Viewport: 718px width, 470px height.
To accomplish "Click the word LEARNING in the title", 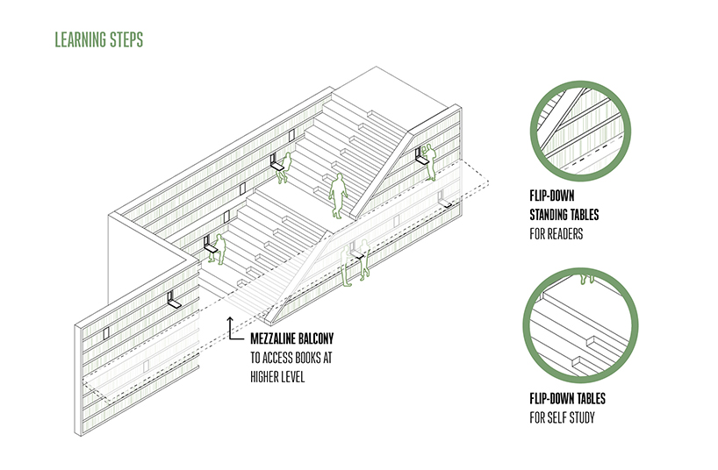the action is pos(81,39).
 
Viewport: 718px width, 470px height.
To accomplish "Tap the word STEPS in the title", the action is pos(127,39).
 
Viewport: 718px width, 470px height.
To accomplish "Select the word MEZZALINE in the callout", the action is pos(272,338).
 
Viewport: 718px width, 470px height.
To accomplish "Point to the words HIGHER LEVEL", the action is pos(277,377).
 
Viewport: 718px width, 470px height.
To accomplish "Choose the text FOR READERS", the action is pos(556,234).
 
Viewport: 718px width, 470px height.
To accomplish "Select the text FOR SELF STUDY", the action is pos(562,417).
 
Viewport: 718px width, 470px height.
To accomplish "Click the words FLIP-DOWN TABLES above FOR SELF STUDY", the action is pos(567,398).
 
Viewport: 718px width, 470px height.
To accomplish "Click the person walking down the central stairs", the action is pos(339,196).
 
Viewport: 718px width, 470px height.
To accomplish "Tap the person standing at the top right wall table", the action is pos(429,162).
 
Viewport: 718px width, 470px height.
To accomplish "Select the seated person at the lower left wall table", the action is pos(219,249).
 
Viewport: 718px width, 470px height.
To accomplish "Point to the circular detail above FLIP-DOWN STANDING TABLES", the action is pos(580,132).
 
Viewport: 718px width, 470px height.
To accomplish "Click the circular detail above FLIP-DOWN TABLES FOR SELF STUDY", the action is pos(580,325).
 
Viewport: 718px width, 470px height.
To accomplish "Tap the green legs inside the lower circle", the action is pos(586,278).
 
